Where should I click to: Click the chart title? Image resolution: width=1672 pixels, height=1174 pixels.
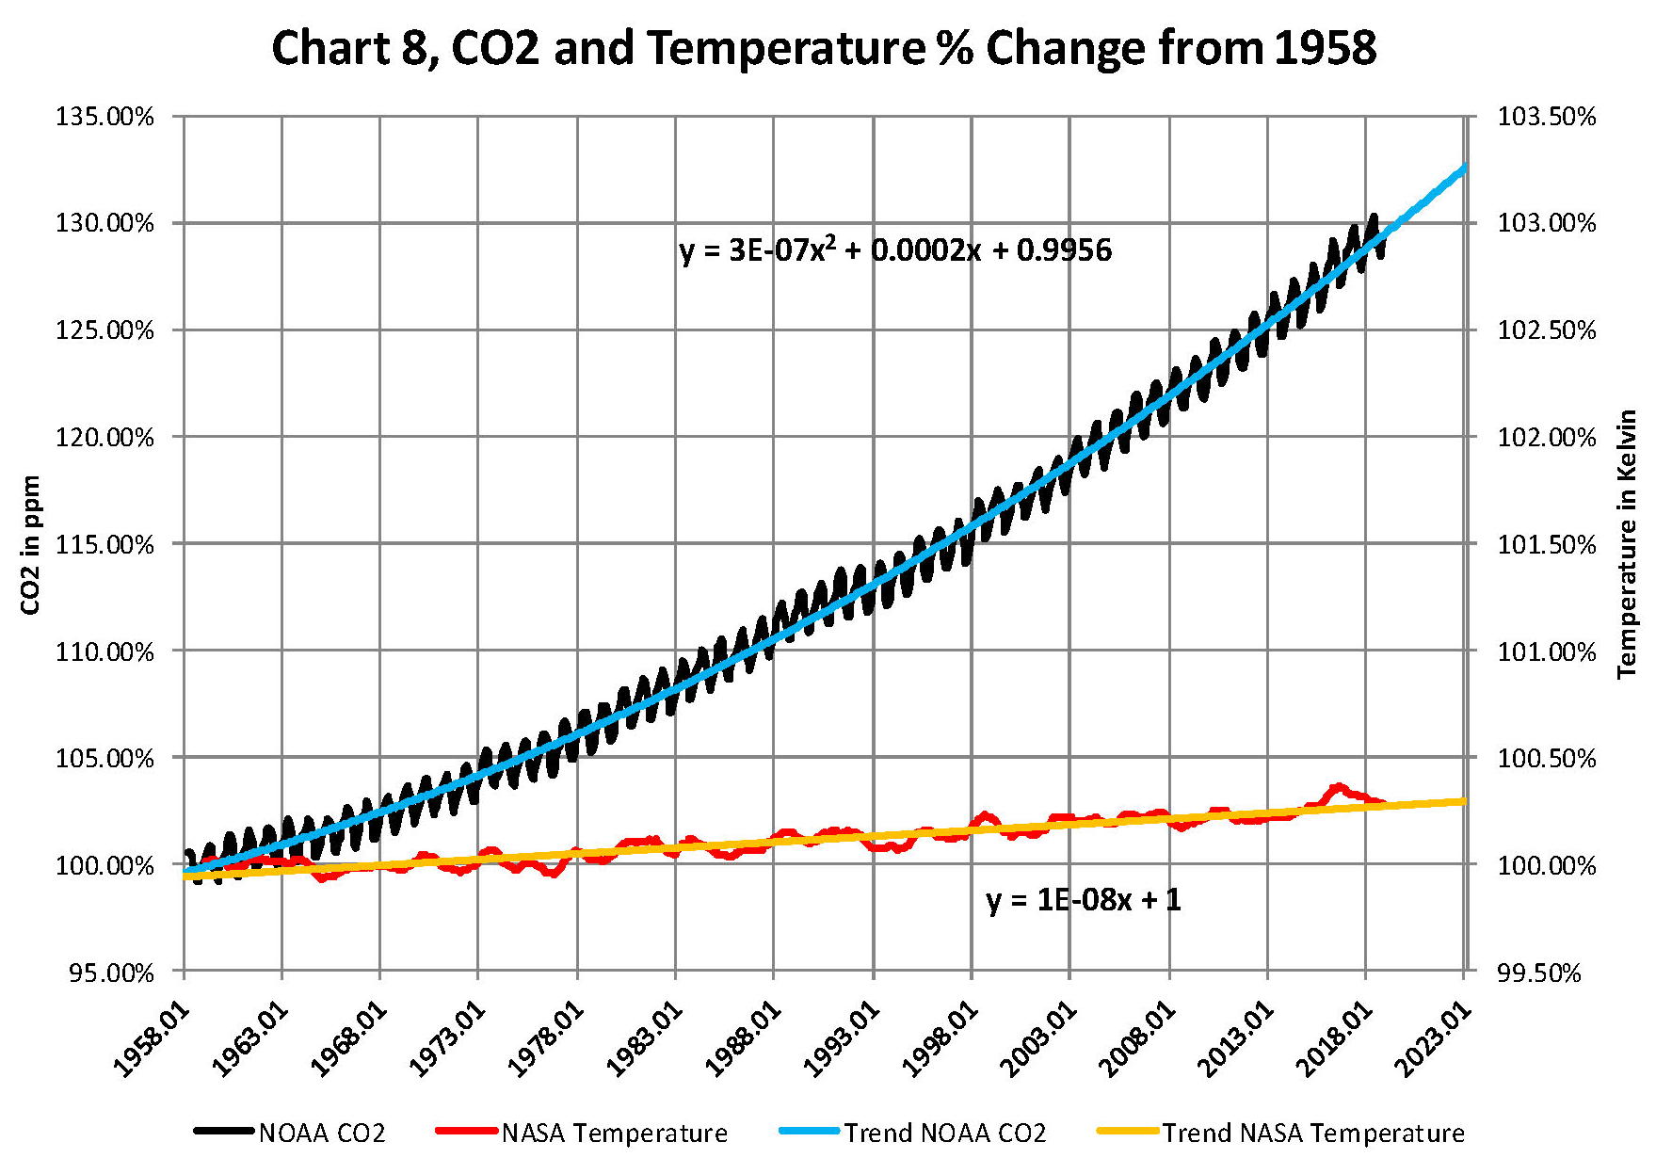click(824, 47)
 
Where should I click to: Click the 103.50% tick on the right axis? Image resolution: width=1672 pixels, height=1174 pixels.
click(1547, 117)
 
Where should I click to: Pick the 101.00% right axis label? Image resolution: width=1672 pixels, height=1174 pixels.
click(1547, 651)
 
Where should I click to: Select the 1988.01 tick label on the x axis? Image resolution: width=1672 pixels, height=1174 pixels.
click(743, 1040)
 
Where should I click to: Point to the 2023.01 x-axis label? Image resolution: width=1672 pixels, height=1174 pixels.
click(1432, 1040)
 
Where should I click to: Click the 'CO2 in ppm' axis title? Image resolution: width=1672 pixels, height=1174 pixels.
click(30, 544)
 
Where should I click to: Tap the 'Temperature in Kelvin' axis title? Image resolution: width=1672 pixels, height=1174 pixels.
click(1627, 544)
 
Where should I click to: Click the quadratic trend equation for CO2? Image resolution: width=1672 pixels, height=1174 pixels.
click(895, 250)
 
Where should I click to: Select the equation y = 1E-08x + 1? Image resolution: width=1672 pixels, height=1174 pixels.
click(1083, 900)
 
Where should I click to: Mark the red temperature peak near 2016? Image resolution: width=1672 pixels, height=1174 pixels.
click(1337, 787)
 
